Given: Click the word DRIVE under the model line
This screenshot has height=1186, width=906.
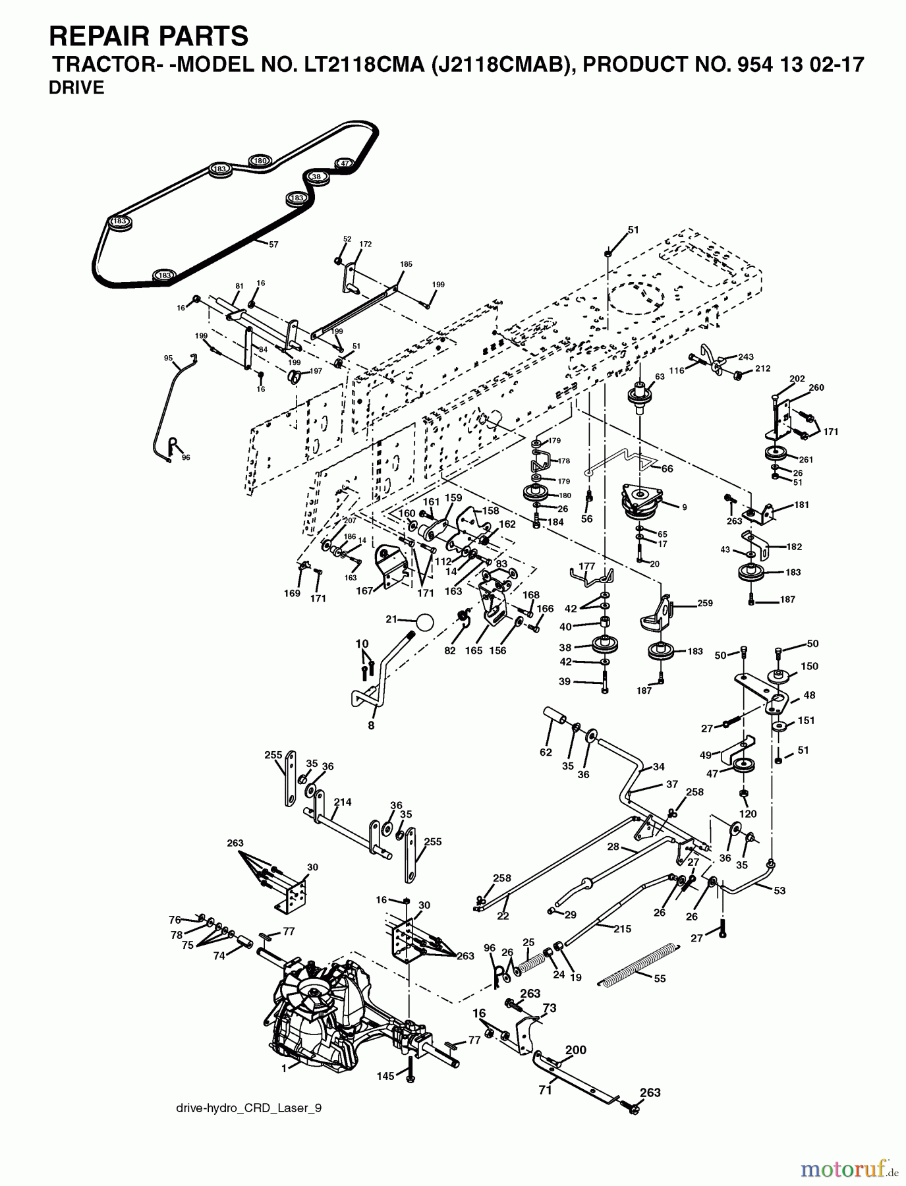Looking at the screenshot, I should coord(76,88).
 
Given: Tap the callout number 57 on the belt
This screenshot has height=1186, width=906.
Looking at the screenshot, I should coord(273,244).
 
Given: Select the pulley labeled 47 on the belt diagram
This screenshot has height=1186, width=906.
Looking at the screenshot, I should coord(343,163).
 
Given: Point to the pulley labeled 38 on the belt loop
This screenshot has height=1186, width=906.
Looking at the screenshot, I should coord(317,177).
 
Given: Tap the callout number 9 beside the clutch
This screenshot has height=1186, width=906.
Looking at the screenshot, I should coord(684,507).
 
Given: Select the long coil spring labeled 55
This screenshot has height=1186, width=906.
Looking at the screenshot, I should coord(638,964).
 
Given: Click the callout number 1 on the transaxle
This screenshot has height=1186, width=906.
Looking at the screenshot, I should coord(284,1068).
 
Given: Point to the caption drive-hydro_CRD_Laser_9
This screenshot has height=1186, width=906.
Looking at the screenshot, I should coord(249,1108).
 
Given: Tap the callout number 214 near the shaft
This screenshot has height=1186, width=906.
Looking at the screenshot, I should coord(343,802).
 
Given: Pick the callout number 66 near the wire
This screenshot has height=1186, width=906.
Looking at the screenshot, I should coord(667,468).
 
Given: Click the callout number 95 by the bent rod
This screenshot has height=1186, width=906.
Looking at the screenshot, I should coord(168,358).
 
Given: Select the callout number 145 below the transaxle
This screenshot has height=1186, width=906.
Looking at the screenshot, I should coord(385,1076).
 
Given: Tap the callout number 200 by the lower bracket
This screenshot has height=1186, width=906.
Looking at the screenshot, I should coord(576,1050).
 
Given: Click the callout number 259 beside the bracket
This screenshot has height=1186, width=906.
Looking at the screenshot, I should coord(705,602).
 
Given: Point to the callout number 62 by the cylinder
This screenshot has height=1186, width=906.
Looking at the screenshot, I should coord(545,752).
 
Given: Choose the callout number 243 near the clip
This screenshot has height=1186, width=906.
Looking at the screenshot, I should coord(745,356).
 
